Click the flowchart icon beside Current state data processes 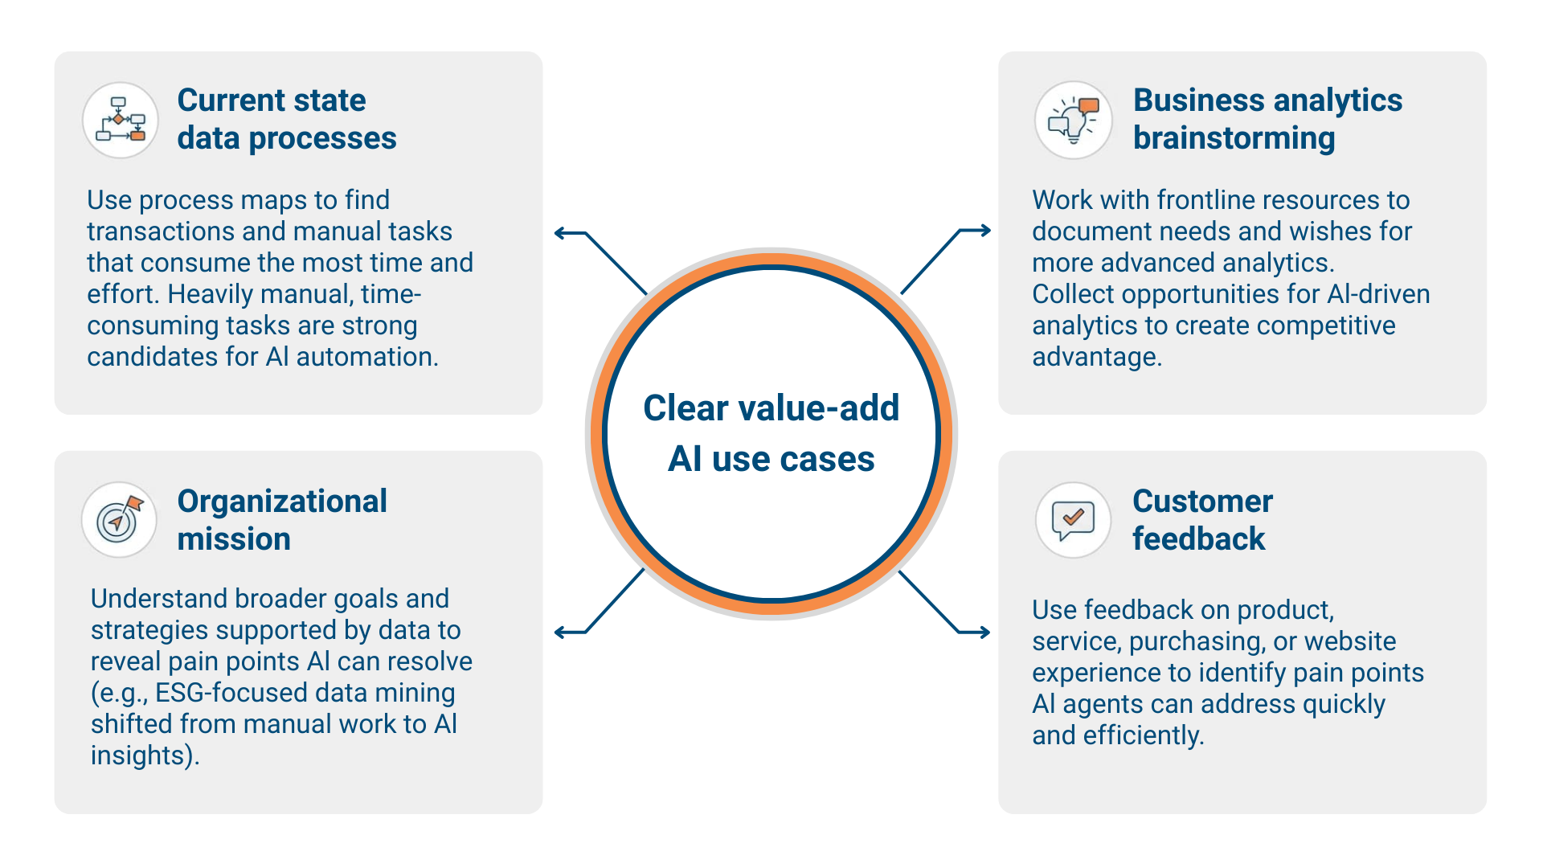121,121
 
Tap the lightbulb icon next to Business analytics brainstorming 1074,121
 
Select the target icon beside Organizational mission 120,520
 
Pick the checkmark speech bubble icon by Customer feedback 1074,520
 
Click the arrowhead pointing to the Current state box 560,234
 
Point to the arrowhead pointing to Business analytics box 984,231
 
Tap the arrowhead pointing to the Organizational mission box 560,633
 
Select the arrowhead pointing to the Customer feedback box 984,633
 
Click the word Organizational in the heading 282,502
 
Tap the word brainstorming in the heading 1234,138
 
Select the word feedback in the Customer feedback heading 1198,538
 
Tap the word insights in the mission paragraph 137,755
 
